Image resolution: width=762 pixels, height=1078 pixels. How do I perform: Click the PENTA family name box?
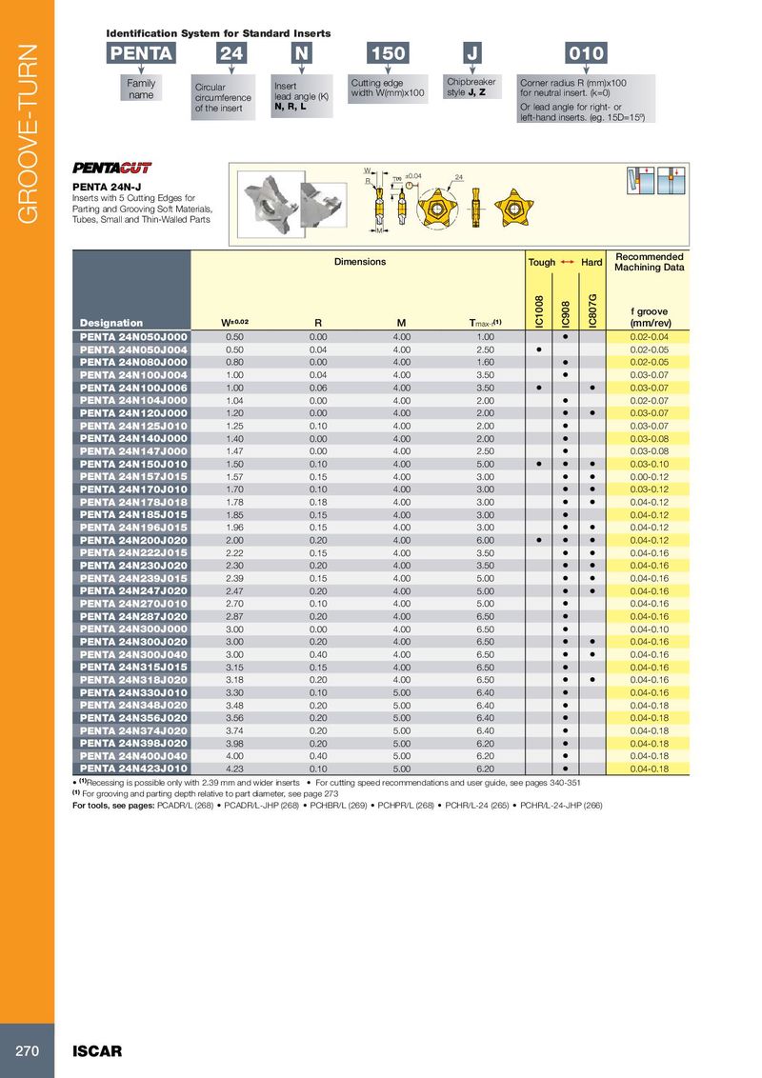[141, 54]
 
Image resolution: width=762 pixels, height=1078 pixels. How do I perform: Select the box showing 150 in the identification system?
[388, 54]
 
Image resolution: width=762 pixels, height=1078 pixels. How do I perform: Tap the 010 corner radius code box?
[585, 54]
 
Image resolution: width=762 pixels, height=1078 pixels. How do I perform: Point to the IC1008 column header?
[538, 311]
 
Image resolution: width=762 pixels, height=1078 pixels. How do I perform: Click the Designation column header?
[111, 323]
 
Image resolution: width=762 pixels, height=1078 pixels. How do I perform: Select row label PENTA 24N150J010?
[133, 463]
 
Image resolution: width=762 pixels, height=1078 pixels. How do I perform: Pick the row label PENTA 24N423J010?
[133, 768]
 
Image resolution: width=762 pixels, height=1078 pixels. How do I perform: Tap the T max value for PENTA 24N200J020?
[485, 539]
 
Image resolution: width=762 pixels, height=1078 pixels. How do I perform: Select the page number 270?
[26, 1051]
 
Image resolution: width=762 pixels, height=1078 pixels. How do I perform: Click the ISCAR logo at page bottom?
[98, 1051]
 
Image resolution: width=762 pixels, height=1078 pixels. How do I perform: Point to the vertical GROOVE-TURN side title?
[27, 133]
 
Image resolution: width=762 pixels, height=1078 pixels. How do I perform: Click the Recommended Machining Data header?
[649, 262]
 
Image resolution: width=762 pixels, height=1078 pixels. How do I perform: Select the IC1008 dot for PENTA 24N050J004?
[539, 349]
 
